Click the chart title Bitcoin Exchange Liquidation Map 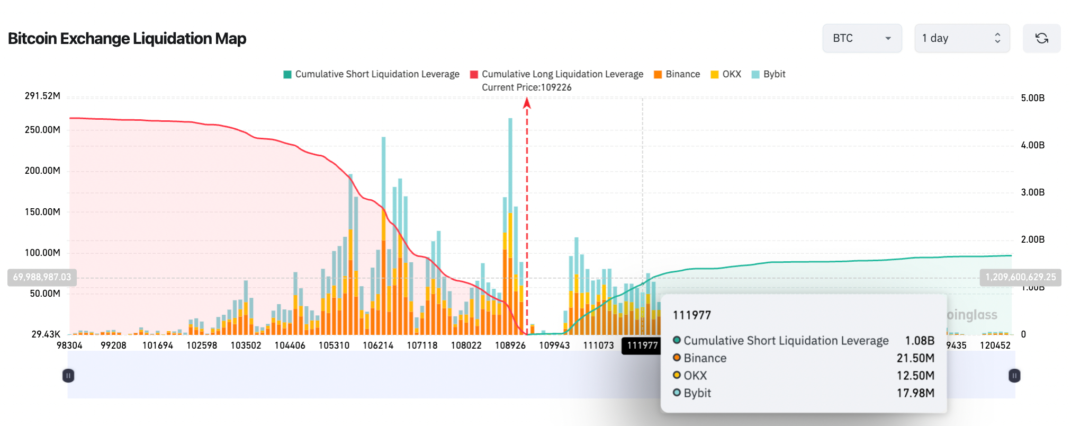127,39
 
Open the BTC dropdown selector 861,38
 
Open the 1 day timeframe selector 961,38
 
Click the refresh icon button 1041,38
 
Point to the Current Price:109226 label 526,87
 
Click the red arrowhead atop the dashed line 527,103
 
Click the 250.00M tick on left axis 42,130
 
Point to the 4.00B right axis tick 1032,145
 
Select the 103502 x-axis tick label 246,345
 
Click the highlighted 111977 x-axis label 642,345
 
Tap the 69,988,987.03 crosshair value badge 42,277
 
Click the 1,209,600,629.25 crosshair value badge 1020,277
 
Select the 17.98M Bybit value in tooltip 915,393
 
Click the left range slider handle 68,376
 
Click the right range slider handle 1014,376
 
